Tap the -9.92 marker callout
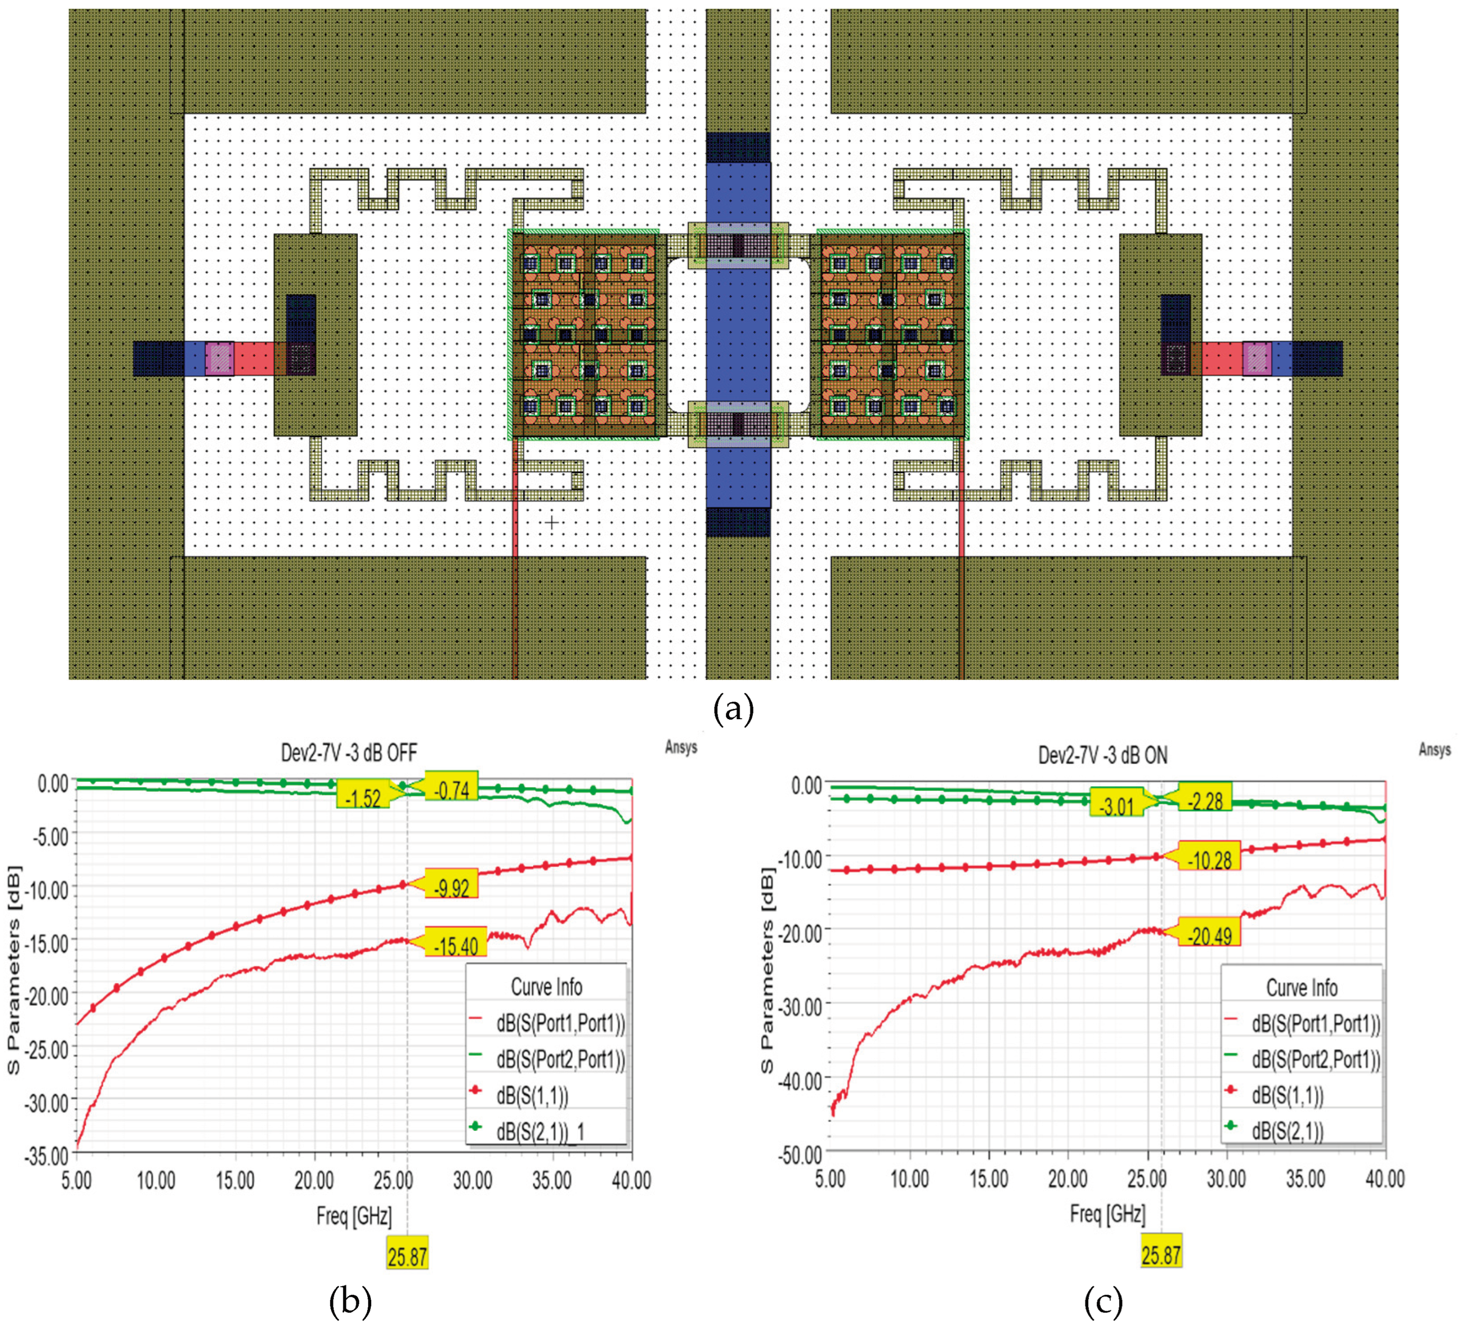pyautogui.click(x=451, y=887)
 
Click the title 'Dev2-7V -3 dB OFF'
pyautogui.click(x=349, y=753)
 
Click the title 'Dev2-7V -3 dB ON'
pyautogui.click(x=1102, y=755)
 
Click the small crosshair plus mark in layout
pyautogui.click(x=552, y=522)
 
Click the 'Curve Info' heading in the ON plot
pyautogui.click(x=1301, y=988)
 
